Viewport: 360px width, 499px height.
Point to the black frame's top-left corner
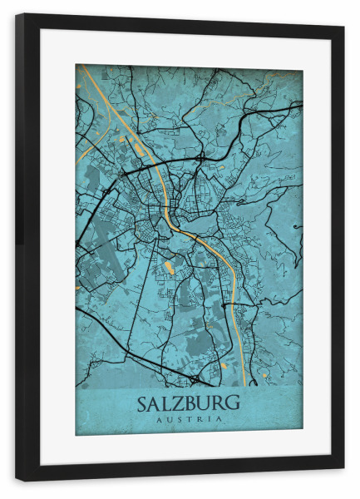pos(17,16)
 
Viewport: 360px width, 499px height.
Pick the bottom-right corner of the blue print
pos(302,433)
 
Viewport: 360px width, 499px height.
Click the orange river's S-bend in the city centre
pos(175,221)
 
